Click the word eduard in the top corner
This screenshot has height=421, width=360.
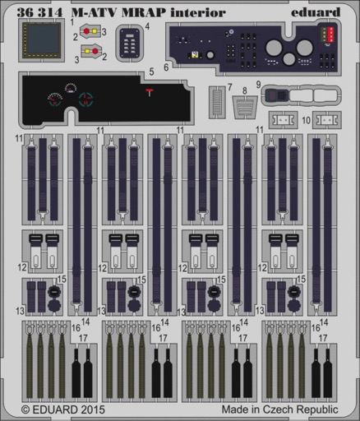pos(316,12)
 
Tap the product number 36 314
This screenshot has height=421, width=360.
pos(39,12)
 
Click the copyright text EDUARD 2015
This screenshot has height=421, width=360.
pos(62,409)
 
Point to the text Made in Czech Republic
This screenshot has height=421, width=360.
pos(279,409)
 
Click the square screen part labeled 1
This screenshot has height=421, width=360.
pos(42,40)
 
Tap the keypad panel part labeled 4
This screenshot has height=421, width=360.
pos(130,43)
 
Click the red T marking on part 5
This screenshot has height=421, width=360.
pos(150,92)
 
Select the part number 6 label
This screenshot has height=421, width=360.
pos(166,67)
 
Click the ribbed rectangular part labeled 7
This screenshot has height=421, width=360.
pos(217,102)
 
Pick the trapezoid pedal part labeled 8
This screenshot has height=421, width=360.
pos(245,107)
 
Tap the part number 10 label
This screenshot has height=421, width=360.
pos(307,120)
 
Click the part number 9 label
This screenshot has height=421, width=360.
pos(258,85)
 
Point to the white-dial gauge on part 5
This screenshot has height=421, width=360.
pos(71,88)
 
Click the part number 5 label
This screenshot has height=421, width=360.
pos(151,72)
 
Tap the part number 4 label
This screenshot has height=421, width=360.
pos(147,26)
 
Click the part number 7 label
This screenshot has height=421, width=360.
pos(230,87)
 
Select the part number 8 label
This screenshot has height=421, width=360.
pos(245,90)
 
